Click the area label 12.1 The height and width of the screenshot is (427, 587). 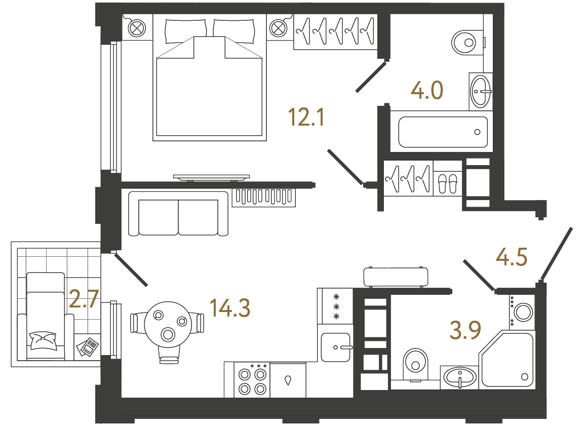[x=305, y=118]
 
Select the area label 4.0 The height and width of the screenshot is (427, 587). [x=427, y=91]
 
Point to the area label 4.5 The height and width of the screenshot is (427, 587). [x=512, y=257]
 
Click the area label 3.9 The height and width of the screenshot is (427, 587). [x=465, y=330]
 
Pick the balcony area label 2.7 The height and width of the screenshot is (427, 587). [x=83, y=299]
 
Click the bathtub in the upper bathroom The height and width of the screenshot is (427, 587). [x=443, y=132]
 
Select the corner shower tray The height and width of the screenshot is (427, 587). [x=508, y=360]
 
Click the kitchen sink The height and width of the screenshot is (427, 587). [x=335, y=347]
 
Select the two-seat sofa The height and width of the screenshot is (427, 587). [x=178, y=214]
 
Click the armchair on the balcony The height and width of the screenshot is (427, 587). [x=46, y=317]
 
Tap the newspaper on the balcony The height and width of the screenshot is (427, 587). [x=88, y=347]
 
